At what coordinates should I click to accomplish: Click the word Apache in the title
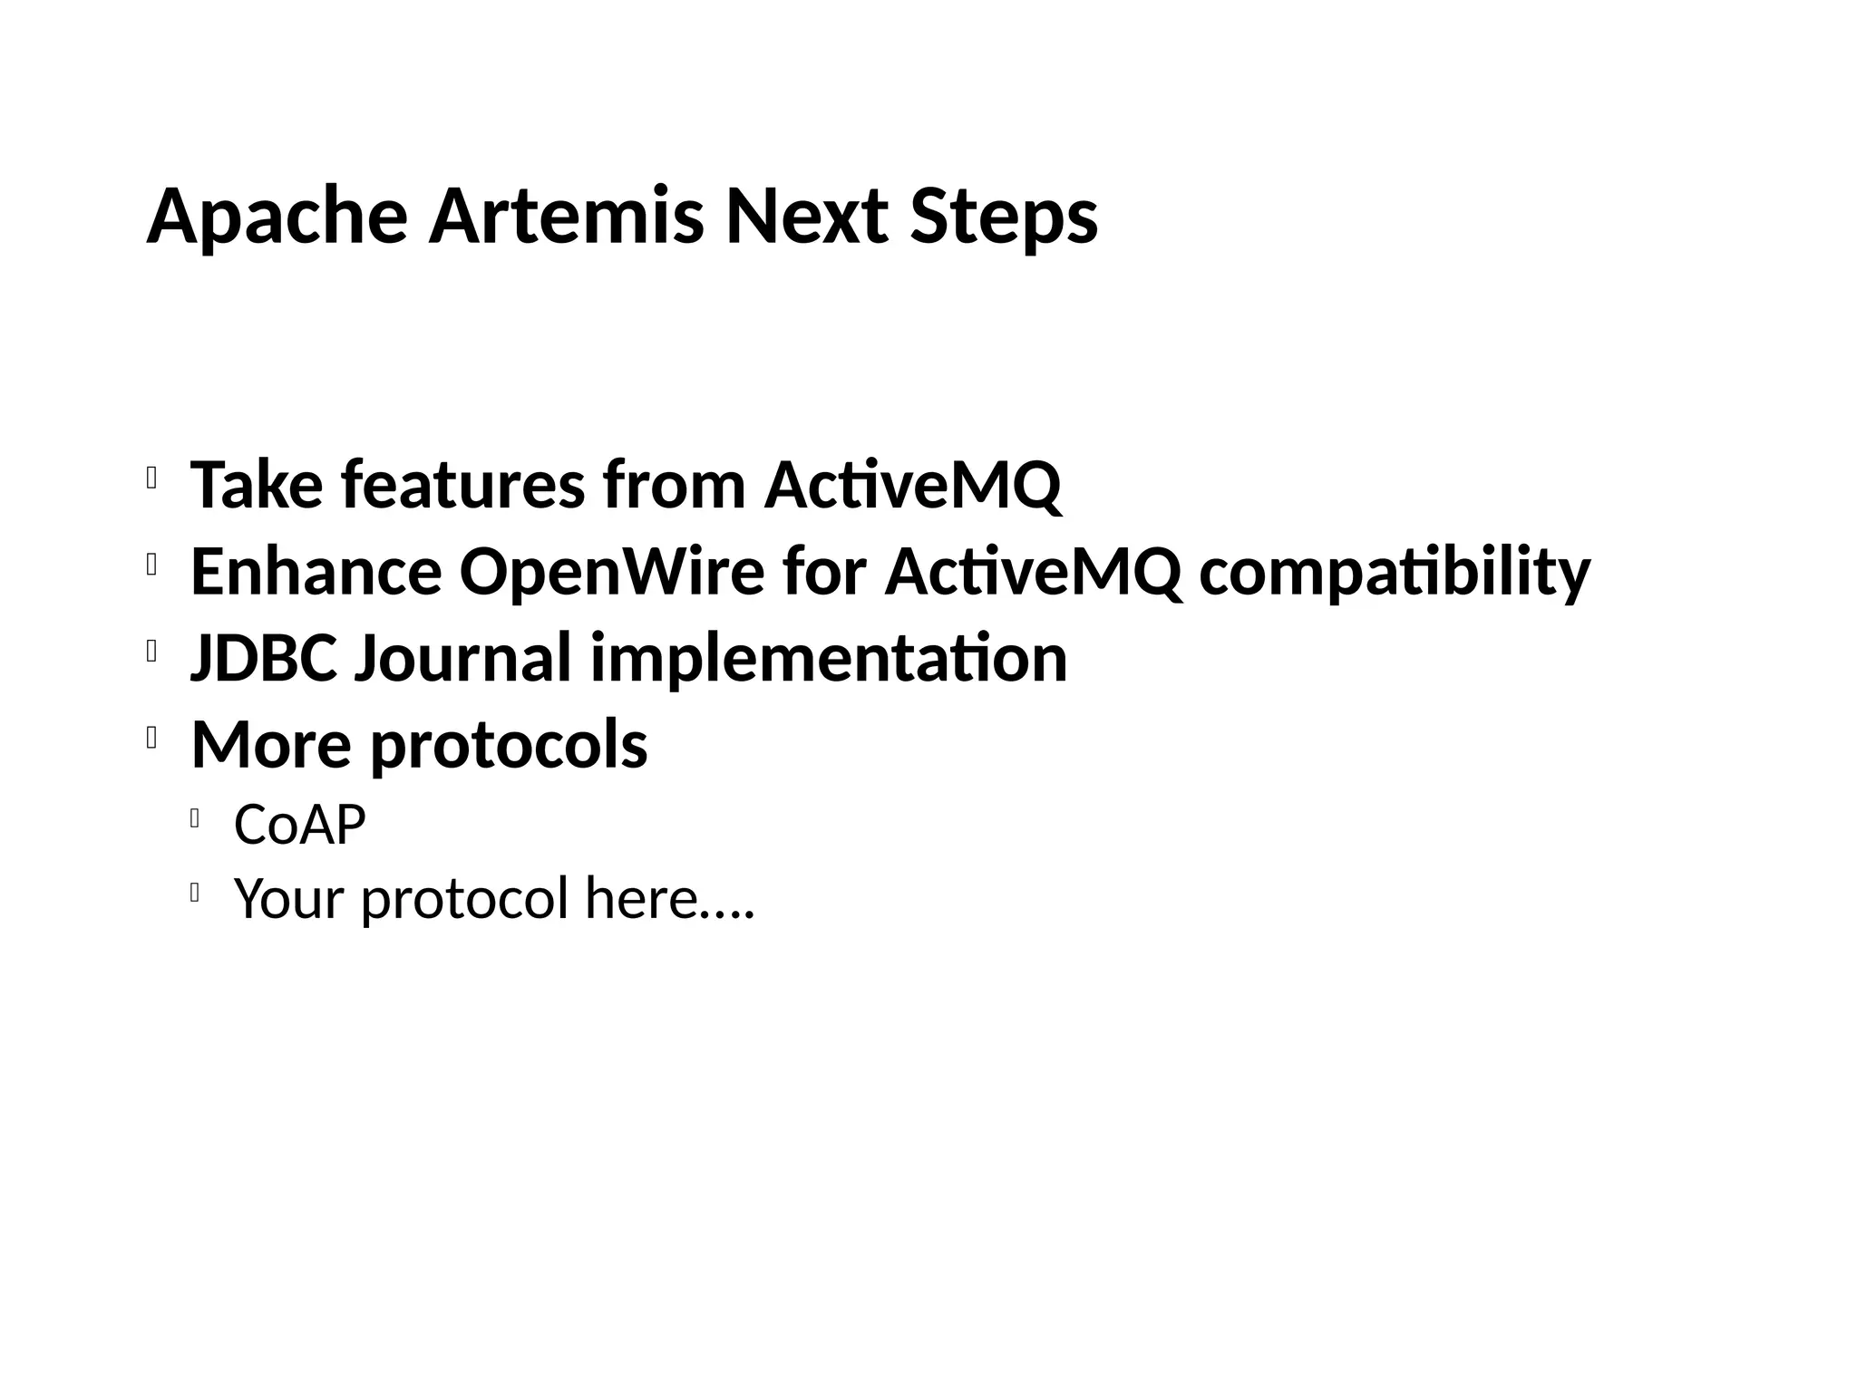pos(277,217)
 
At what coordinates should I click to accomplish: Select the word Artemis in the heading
pos(566,217)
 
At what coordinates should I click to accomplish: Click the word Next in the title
pos(806,217)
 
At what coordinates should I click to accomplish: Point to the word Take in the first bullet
pos(256,485)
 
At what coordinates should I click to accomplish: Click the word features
pos(462,485)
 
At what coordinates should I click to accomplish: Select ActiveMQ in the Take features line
pos(912,485)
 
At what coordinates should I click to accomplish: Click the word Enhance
pos(316,572)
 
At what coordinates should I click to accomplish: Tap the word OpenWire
pos(612,572)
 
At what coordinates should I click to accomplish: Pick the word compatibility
pos(1395,572)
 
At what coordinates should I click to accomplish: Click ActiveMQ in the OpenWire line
pos(1034,572)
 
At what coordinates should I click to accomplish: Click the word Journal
pos(462,658)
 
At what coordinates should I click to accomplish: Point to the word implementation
pos(829,658)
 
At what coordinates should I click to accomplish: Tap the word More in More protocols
pos(271,744)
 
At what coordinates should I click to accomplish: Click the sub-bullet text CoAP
pos(299,825)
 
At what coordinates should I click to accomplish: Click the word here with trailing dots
pos(669,898)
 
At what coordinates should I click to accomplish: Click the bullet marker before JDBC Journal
pos(151,652)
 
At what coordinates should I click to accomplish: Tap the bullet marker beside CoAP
pos(195,819)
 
